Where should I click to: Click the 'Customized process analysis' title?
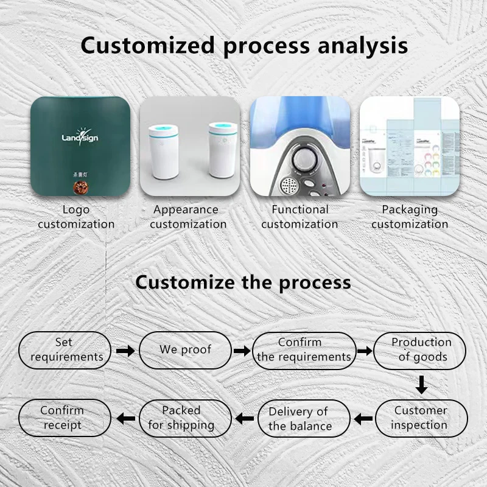pyautogui.click(x=243, y=46)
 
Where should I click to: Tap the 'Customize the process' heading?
pyautogui.click(x=243, y=282)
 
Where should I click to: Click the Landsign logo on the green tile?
pyautogui.click(x=80, y=137)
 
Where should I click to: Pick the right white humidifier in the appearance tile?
pyautogui.click(x=222, y=149)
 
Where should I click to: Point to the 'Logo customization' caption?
pyautogui.click(x=76, y=217)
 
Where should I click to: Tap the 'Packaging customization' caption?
pyautogui.click(x=410, y=217)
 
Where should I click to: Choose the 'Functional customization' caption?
pyautogui.click(x=300, y=217)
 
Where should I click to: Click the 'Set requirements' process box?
pyautogui.click(x=65, y=350)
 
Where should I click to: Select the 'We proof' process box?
pyautogui.click(x=185, y=350)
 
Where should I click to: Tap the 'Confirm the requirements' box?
pyautogui.click(x=304, y=350)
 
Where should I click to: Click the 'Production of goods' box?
pyautogui.click(x=421, y=350)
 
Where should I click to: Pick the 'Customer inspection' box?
pyautogui.click(x=421, y=418)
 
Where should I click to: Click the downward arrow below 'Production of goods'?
pyautogui.click(x=421, y=385)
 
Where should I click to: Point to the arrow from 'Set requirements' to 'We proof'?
pyautogui.click(x=125, y=351)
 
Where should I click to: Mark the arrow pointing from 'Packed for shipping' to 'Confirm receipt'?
pyautogui.click(x=125, y=418)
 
